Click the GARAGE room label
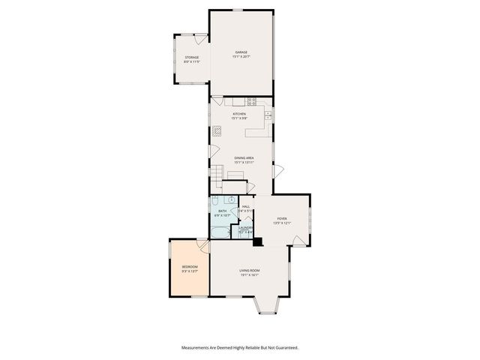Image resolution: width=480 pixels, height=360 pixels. (241, 52)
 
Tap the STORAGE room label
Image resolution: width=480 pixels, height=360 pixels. (192, 57)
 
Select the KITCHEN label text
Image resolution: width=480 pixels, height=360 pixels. (238, 114)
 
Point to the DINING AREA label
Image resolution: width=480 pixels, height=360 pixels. (244, 157)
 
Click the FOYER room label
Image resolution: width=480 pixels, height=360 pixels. (281, 218)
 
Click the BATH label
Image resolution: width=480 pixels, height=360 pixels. (222, 211)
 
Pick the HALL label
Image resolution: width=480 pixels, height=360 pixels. (245, 206)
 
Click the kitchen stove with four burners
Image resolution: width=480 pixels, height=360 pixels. (252, 101)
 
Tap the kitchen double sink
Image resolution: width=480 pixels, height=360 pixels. (267, 115)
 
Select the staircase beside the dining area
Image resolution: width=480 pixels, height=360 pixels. (216, 176)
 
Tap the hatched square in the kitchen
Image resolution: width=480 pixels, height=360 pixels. (217, 129)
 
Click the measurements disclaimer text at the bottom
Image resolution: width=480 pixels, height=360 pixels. (240, 347)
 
